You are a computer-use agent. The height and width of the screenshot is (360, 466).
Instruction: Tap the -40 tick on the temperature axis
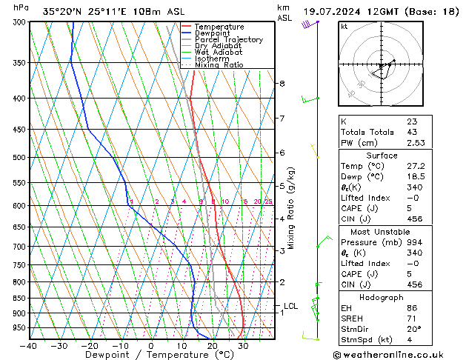(30, 346)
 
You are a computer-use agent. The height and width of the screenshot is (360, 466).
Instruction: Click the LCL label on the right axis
(290, 305)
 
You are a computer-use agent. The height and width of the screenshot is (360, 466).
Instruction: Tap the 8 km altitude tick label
(282, 84)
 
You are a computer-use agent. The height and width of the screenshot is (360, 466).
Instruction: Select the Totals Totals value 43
(411, 132)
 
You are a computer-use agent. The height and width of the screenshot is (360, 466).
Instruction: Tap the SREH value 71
(411, 319)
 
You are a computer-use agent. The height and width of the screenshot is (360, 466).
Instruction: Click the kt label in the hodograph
(344, 27)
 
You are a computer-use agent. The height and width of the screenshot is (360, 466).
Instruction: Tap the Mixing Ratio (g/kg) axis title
(292, 208)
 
